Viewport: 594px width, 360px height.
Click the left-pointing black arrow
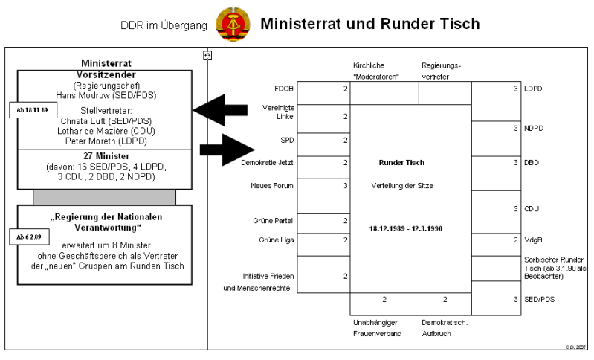coord(220,110)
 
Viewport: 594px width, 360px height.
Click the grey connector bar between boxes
coord(104,197)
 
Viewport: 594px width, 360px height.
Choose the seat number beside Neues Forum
coord(344,184)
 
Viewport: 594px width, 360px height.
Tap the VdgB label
coord(534,240)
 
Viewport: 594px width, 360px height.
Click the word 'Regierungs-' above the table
coord(442,65)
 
